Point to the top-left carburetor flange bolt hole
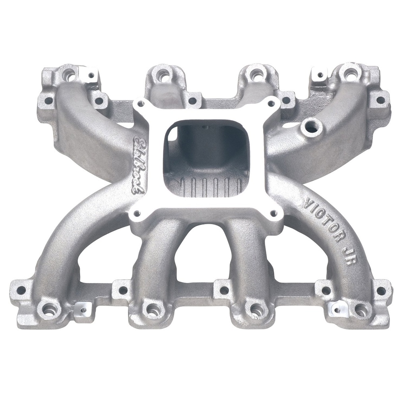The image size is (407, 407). point(140,104)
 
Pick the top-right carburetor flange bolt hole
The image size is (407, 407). point(271,103)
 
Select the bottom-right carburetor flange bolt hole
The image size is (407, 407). point(274,213)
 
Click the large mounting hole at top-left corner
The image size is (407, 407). point(70,74)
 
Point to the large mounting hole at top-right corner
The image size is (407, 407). point(350,73)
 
